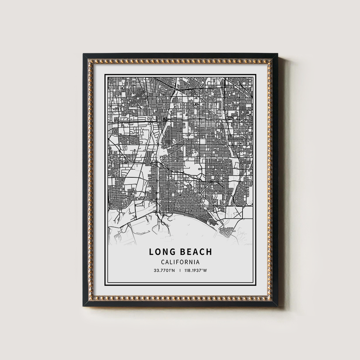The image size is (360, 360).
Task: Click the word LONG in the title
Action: pos(162,252)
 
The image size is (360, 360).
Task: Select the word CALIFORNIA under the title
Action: pos(180,262)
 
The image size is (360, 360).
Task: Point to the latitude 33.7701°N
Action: pos(164,271)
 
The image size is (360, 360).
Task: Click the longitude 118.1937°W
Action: pos(195,271)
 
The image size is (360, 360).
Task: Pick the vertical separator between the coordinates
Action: pos(180,271)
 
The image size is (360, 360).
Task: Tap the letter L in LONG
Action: pos(151,252)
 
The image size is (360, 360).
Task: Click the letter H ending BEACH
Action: pos(209,252)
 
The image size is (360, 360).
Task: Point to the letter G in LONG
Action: pos(172,252)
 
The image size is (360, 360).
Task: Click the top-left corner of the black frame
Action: pos(84,54)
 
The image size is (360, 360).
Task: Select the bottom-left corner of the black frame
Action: pos(84,306)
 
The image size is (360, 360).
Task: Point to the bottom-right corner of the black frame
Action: pos(277,306)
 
